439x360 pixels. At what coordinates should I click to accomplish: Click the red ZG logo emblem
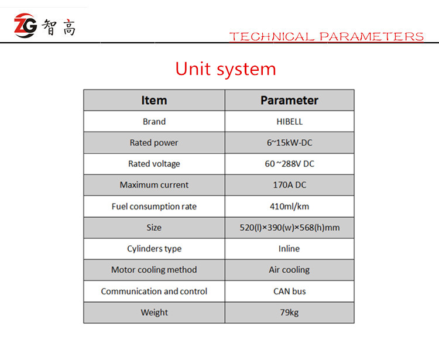(x=25, y=26)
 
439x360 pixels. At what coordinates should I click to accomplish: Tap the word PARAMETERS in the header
(x=372, y=37)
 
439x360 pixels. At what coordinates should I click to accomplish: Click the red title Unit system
(x=226, y=69)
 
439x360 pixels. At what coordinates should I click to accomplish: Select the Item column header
(x=154, y=100)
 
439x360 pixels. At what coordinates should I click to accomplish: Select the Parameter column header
(x=289, y=100)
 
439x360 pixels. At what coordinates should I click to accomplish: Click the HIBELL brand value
(x=290, y=122)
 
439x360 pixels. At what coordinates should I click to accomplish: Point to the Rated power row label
(x=154, y=143)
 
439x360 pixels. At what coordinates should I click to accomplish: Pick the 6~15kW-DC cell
(x=289, y=143)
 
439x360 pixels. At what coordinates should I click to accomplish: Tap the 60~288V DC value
(x=290, y=164)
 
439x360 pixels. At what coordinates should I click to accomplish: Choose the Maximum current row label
(x=154, y=185)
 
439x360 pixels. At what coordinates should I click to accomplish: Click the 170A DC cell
(x=290, y=185)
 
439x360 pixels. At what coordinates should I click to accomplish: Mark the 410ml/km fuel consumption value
(x=290, y=206)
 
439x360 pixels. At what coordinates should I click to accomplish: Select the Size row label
(x=154, y=227)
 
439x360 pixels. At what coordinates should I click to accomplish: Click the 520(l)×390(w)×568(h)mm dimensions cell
(x=290, y=228)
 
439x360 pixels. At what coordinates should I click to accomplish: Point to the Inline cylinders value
(x=289, y=249)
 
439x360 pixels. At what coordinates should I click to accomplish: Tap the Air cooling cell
(x=289, y=270)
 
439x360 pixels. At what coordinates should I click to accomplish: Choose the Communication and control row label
(x=154, y=291)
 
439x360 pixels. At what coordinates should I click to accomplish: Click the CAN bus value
(x=290, y=291)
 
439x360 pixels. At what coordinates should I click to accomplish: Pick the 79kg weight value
(x=290, y=313)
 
